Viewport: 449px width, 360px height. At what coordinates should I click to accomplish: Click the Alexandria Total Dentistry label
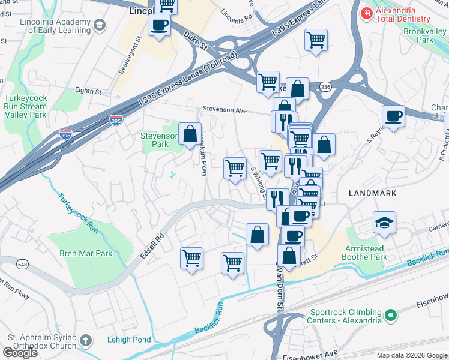pyautogui.click(x=405, y=17)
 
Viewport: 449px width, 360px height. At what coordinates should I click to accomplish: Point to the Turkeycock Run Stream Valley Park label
pyautogui.click(x=25, y=106)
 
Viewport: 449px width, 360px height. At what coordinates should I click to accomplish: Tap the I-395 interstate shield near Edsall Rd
pyautogui.click(x=65, y=133)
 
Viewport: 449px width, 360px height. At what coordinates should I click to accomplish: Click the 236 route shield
pyautogui.click(x=325, y=87)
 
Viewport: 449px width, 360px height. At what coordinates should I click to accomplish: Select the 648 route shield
pyautogui.click(x=23, y=265)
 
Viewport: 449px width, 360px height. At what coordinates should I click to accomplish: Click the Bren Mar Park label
pyautogui.click(x=86, y=253)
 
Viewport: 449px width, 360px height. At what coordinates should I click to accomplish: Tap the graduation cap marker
pyautogui.click(x=384, y=223)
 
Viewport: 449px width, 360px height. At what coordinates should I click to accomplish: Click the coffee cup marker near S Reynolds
pyautogui.click(x=393, y=116)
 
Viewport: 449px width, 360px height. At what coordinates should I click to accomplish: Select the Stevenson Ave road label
pyautogui.click(x=224, y=110)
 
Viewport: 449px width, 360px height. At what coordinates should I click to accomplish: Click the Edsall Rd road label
pyautogui.click(x=160, y=230)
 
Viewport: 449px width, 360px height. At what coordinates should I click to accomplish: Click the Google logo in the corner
pyautogui.click(x=20, y=352)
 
